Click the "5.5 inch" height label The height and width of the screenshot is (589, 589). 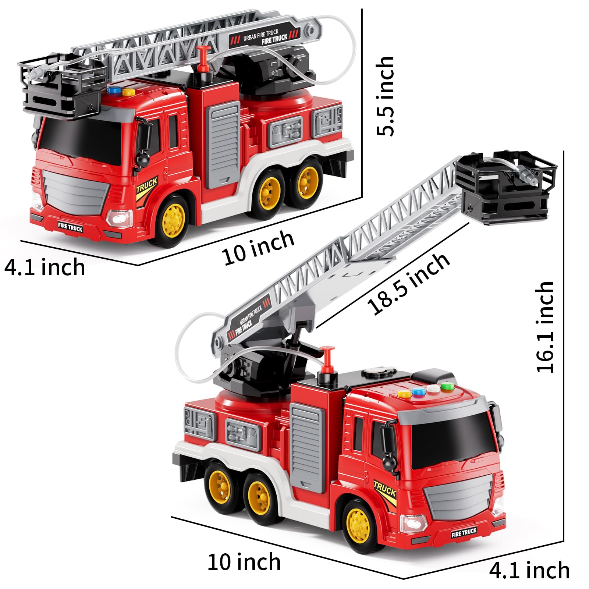click(x=386, y=96)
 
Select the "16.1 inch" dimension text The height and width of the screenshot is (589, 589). click(x=545, y=327)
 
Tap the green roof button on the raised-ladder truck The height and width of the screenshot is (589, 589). click(x=446, y=387)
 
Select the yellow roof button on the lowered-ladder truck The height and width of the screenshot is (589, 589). click(x=128, y=92)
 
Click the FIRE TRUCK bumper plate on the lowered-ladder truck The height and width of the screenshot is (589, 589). click(x=70, y=228)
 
